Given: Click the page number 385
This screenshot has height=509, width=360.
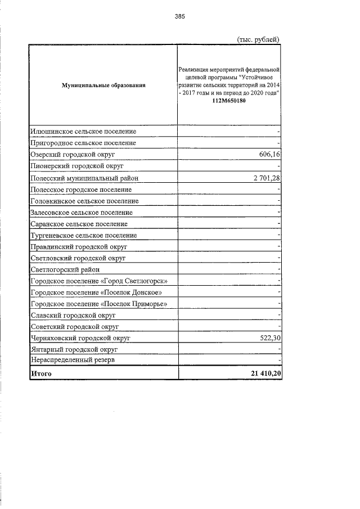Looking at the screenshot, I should [x=179, y=16].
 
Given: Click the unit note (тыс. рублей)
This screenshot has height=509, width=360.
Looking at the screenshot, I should [x=256, y=39].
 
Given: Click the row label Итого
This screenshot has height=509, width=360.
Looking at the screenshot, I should [x=41, y=373].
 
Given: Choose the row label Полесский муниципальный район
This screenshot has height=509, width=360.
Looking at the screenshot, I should [x=84, y=178].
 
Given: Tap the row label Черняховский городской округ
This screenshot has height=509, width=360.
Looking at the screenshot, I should [x=80, y=338].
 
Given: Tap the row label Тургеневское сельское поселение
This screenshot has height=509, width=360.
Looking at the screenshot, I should [x=83, y=235].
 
